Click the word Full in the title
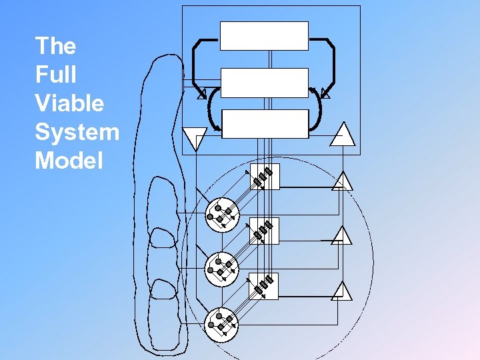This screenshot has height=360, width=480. [55, 75]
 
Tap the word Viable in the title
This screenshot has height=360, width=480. [69, 103]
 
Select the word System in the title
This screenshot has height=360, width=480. [77, 132]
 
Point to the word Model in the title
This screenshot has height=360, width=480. [69, 161]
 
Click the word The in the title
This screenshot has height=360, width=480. [55, 46]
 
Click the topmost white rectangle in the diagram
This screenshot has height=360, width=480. [264, 36]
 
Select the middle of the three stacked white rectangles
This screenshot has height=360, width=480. [264, 83]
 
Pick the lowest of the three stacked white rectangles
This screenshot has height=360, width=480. [264, 124]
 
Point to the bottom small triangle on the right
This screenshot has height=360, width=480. [341, 291]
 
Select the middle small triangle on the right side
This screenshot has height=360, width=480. [341, 236]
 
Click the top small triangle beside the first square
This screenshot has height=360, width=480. [341, 181]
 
